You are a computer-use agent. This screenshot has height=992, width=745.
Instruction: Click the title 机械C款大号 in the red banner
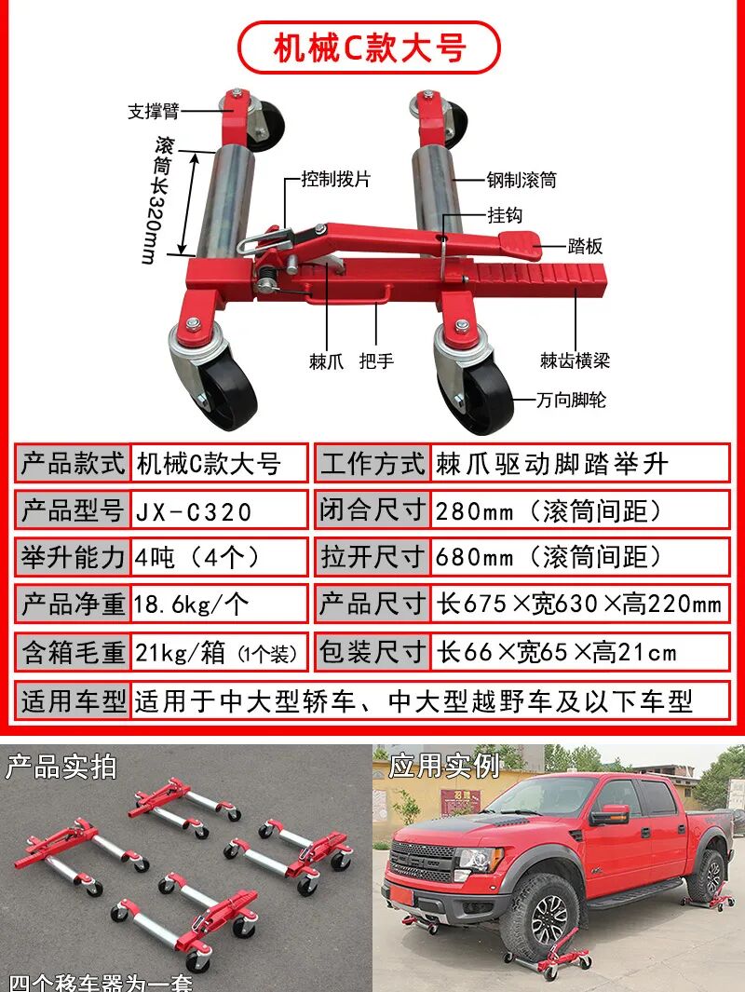click(x=369, y=48)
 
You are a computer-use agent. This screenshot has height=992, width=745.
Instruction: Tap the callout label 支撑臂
click(x=153, y=112)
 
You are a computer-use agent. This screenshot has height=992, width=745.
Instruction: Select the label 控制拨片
click(x=335, y=179)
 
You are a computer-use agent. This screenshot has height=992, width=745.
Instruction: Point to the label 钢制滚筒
click(x=521, y=180)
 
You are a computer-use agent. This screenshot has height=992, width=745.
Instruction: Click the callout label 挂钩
click(x=505, y=215)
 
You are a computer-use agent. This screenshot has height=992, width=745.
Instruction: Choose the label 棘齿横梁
click(x=575, y=360)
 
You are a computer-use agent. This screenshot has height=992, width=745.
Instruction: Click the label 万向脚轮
click(x=571, y=401)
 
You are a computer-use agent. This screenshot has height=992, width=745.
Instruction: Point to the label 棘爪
click(x=326, y=360)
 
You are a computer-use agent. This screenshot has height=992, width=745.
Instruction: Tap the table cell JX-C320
click(x=194, y=510)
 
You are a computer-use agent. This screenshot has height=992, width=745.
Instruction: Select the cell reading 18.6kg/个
click(x=192, y=604)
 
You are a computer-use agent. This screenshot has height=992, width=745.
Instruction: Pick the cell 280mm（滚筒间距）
click(x=549, y=510)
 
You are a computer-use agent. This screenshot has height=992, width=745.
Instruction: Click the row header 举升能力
click(x=73, y=557)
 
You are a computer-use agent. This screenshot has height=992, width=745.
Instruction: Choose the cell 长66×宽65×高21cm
click(x=557, y=651)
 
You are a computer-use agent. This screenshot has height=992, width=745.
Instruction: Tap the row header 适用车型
click(x=73, y=700)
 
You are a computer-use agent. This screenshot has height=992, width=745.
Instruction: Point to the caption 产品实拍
click(x=61, y=767)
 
